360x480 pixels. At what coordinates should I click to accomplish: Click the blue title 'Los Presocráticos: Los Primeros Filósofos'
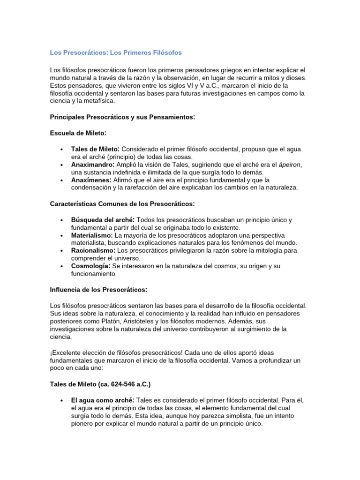(x=116, y=52)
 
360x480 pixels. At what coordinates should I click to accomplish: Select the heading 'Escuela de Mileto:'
(x=78, y=133)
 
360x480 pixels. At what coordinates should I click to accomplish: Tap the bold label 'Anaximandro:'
(x=93, y=165)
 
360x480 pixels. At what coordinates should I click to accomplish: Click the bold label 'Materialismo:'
(x=92, y=235)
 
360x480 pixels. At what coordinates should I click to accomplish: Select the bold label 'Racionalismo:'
(x=93, y=250)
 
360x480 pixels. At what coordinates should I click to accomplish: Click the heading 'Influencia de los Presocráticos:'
(x=98, y=289)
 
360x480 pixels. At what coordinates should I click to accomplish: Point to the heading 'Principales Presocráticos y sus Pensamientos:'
(x=122, y=117)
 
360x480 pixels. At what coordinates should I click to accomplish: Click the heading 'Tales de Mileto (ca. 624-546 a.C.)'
(x=100, y=384)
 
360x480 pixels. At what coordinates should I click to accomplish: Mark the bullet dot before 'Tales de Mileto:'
(x=61, y=149)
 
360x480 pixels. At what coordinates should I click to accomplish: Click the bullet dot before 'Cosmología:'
(x=61, y=266)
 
